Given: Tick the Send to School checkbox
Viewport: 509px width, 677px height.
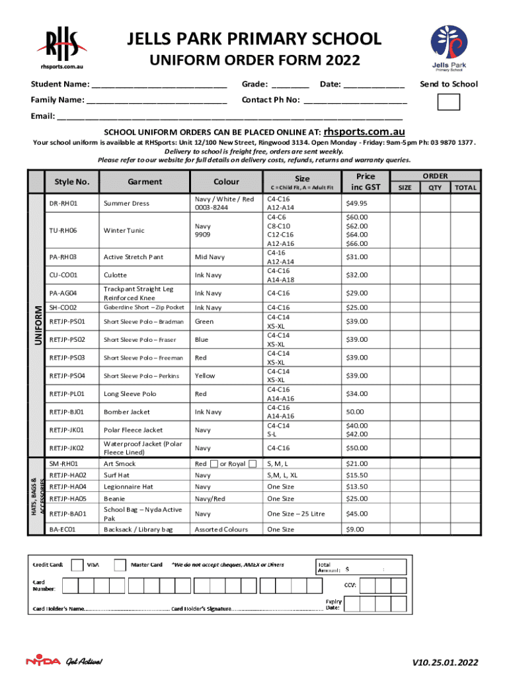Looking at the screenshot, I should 450,102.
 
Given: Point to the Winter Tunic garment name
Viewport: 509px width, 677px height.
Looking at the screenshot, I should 122,231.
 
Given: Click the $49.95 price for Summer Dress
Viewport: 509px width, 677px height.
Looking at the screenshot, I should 356,203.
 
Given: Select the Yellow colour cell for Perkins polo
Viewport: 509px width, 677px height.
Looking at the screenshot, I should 205,376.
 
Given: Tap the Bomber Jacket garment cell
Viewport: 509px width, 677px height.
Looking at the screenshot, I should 126,412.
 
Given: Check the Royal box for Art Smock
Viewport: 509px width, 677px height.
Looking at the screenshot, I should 253,463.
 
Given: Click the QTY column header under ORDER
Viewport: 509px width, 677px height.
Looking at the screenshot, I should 434,187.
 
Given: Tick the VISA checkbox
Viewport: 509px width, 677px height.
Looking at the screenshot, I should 77,565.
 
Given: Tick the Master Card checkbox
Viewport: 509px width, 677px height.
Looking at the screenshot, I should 120,565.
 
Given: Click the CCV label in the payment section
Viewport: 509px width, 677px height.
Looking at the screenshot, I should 350,584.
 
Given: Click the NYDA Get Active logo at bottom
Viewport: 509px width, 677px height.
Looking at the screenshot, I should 64,661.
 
